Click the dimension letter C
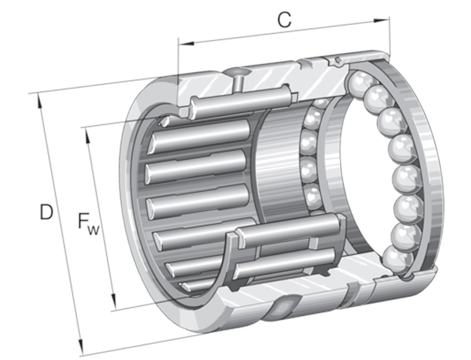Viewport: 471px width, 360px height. click(284, 20)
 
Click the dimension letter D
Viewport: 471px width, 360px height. click(46, 213)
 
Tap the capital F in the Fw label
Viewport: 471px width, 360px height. click(84, 221)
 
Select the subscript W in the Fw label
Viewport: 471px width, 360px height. click(95, 229)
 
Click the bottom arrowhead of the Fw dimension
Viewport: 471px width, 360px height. click(113, 301)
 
